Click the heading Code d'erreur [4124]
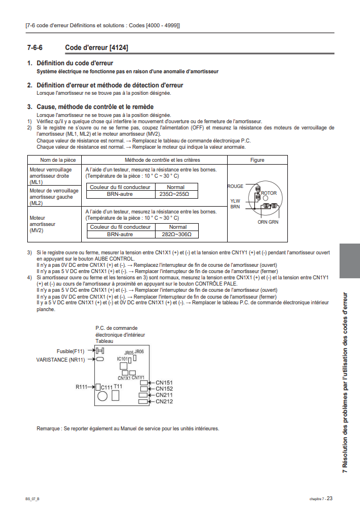[97, 48]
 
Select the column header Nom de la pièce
[55, 160]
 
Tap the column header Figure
[257, 160]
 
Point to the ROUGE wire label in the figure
[235, 186]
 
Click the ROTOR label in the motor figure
[269, 193]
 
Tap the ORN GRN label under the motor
[268, 222]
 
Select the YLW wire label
[235, 200]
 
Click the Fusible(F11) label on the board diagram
[70, 351]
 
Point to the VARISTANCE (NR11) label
[61, 359]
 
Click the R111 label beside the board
[82, 387]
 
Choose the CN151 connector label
[164, 383]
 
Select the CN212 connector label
[164, 401]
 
